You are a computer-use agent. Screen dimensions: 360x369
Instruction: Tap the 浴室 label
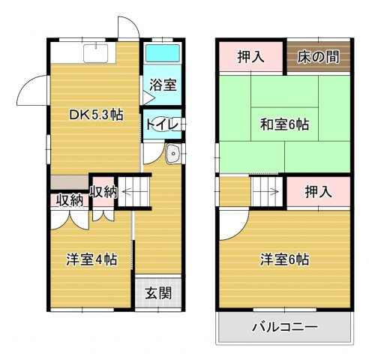[x=162, y=84]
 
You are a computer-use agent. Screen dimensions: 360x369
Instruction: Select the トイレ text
[x=160, y=124]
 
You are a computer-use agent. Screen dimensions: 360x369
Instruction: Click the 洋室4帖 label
[x=91, y=259]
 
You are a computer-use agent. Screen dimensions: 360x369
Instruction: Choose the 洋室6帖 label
[x=285, y=259]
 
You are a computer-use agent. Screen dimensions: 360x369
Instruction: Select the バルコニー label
[x=285, y=327]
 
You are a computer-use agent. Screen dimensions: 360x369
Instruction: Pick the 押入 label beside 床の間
[x=250, y=57]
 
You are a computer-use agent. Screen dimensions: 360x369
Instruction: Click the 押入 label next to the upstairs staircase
[x=318, y=192]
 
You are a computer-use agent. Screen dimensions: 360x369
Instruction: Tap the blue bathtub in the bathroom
[x=162, y=55]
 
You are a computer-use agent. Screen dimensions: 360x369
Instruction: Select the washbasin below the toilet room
[x=172, y=155]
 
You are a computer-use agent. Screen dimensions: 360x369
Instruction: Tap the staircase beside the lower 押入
[x=265, y=192]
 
